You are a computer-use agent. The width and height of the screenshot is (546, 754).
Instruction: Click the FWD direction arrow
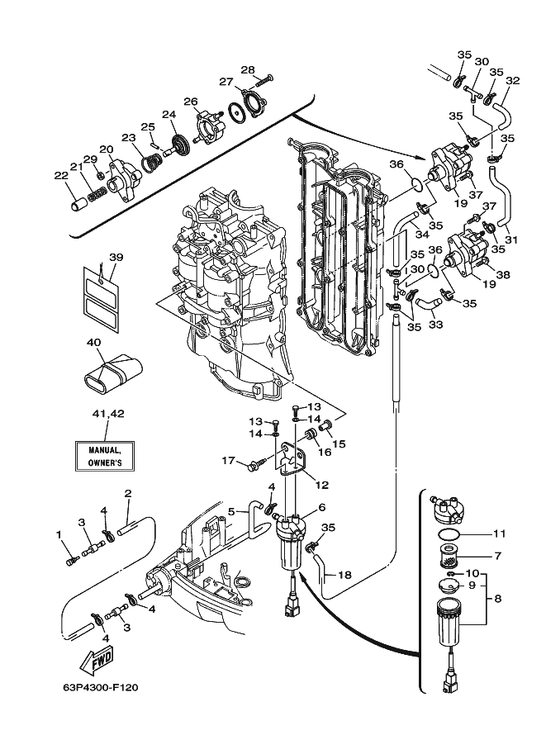click(x=95, y=662)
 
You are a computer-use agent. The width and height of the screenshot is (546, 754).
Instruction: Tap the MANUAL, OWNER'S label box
click(x=104, y=457)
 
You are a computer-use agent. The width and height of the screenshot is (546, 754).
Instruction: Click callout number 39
click(x=116, y=258)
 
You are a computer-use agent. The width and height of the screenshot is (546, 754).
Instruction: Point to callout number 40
click(x=94, y=343)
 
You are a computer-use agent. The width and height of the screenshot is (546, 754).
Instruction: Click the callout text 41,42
click(x=108, y=414)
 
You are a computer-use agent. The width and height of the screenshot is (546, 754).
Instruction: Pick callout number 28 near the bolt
click(x=248, y=69)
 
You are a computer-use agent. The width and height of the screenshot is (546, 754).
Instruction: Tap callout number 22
click(x=61, y=176)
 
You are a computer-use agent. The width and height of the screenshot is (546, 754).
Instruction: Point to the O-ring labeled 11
click(x=449, y=534)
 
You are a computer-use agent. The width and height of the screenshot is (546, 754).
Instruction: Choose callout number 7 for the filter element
click(x=497, y=556)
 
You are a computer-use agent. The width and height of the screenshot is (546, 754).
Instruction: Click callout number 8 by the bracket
click(x=497, y=599)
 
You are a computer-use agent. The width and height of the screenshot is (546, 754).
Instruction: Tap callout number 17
click(x=228, y=461)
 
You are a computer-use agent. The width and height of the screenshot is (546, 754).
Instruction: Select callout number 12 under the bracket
click(x=322, y=486)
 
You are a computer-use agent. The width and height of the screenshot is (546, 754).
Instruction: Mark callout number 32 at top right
click(x=513, y=80)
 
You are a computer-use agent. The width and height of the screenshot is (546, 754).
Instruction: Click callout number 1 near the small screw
click(x=59, y=534)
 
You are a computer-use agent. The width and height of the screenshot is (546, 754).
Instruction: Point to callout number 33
click(x=435, y=325)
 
